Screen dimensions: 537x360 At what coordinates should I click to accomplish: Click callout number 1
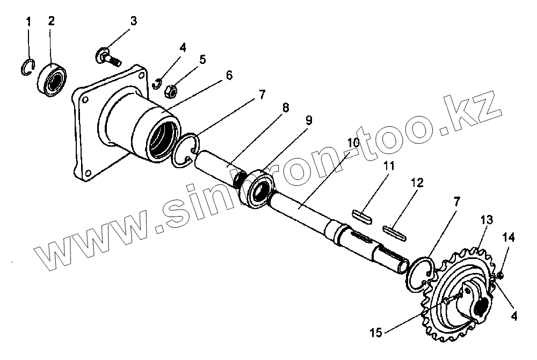click(28, 22)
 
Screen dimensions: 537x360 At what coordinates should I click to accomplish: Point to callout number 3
click(133, 21)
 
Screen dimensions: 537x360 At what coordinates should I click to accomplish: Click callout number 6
click(229, 75)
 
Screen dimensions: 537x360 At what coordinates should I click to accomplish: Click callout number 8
click(285, 108)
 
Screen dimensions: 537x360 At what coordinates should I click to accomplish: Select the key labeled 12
click(396, 232)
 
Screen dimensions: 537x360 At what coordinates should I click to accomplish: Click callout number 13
click(486, 220)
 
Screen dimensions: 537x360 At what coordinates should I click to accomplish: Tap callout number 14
click(508, 236)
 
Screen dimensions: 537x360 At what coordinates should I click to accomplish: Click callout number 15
click(376, 334)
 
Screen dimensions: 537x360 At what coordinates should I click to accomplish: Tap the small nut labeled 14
click(500, 276)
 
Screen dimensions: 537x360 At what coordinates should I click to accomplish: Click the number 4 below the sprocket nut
click(514, 316)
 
